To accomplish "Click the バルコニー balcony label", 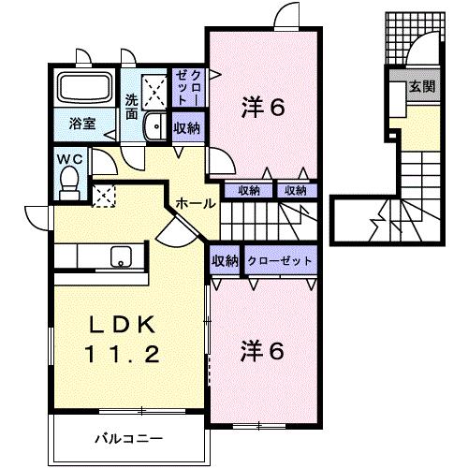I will click(129, 438).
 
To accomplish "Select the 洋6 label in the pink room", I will click(263, 108).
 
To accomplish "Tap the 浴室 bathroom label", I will click(81, 123).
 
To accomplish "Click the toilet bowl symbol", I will click(67, 186).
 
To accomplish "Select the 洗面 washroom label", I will click(132, 107).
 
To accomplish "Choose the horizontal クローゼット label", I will click(280, 261).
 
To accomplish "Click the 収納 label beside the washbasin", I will click(186, 129).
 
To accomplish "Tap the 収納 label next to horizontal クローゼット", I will click(225, 261).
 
